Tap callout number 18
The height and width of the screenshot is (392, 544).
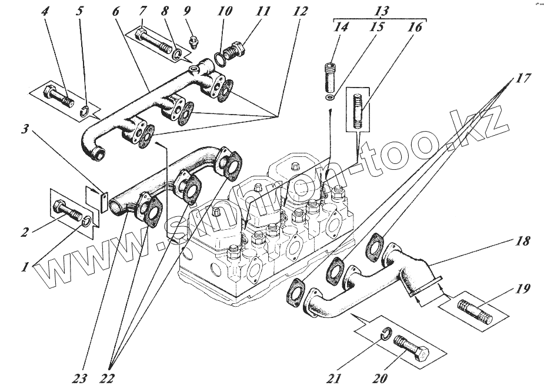[524, 241]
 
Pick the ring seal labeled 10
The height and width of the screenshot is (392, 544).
[218, 59]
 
